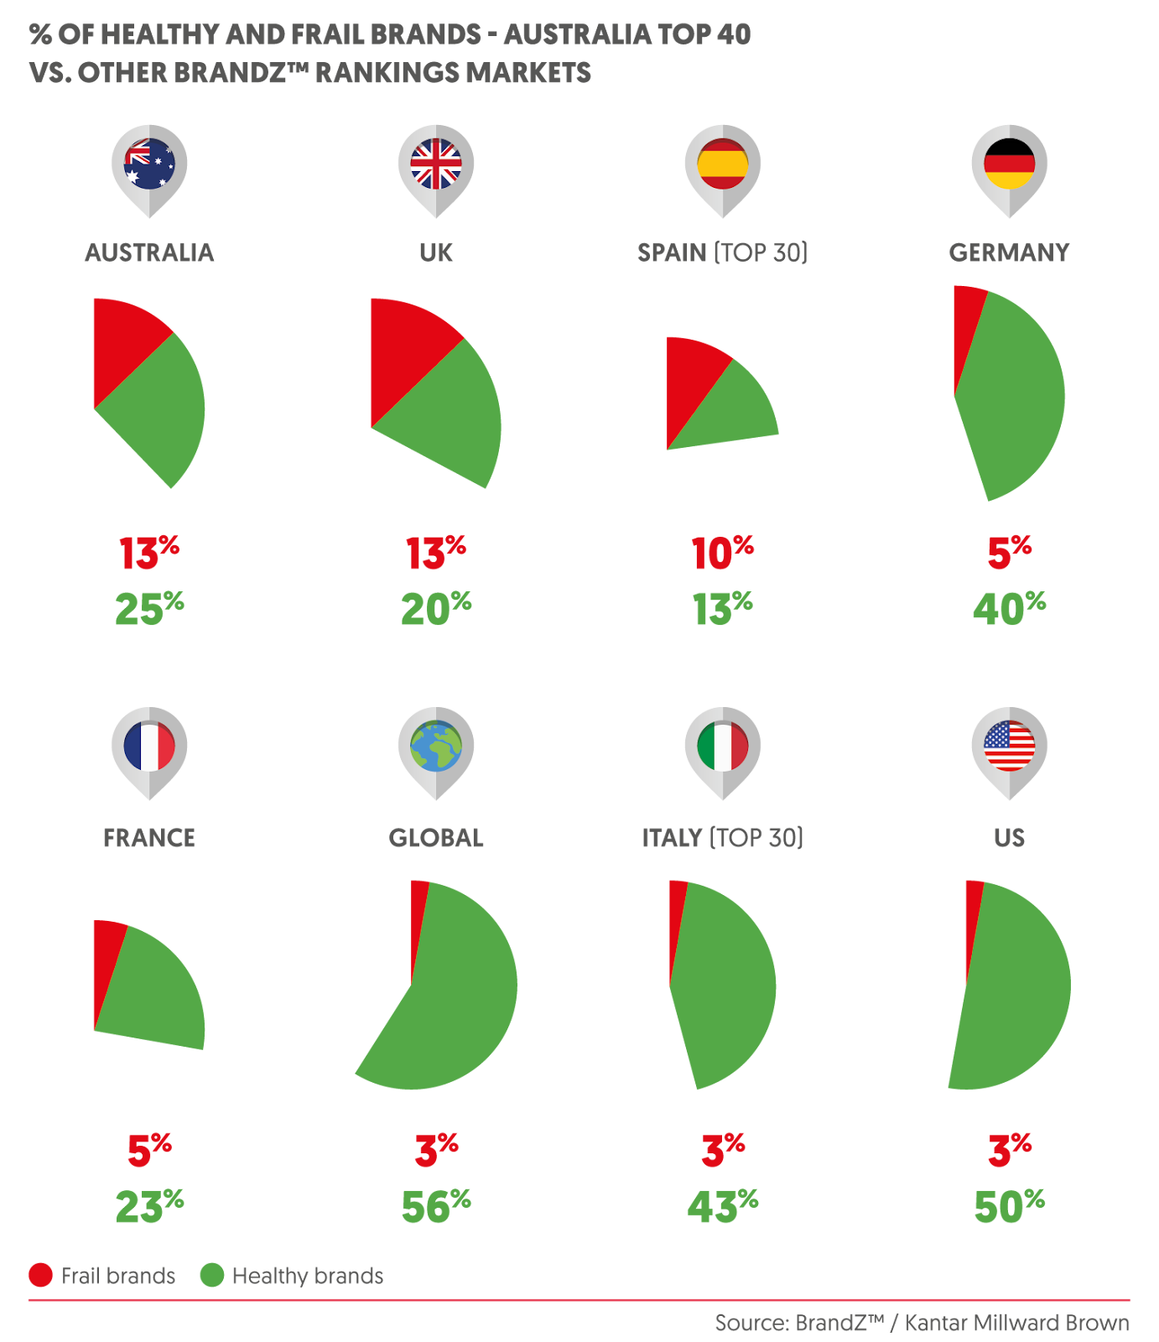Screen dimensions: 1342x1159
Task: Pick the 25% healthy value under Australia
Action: click(x=149, y=609)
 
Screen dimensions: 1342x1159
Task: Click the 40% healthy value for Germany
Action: click(x=1009, y=609)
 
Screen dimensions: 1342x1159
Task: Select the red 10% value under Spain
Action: click(x=722, y=554)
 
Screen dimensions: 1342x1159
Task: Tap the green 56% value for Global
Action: click(x=436, y=1206)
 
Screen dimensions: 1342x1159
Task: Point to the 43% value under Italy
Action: click(x=722, y=1206)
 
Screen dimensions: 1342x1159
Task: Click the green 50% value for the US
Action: click(x=1009, y=1206)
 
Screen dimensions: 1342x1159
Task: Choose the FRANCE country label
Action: click(x=149, y=838)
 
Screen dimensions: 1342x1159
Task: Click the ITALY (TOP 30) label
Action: click(x=722, y=838)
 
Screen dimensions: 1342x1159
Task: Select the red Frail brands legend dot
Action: click(x=40, y=1276)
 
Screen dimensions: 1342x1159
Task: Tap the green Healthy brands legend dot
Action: click(x=211, y=1276)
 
